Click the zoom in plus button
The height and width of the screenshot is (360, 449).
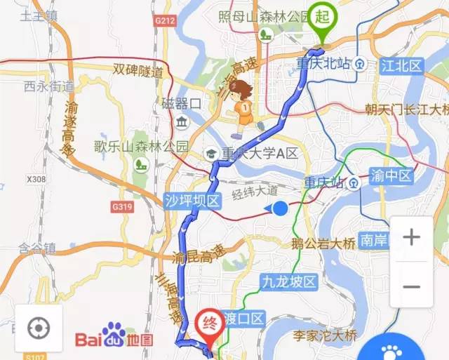tap(411, 237)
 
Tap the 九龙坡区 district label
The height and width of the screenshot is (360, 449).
tap(288, 282)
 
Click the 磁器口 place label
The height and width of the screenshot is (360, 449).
tap(181, 104)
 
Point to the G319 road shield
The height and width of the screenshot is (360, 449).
tap(121, 207)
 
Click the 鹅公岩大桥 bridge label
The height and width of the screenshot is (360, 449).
tap(323, 244)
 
